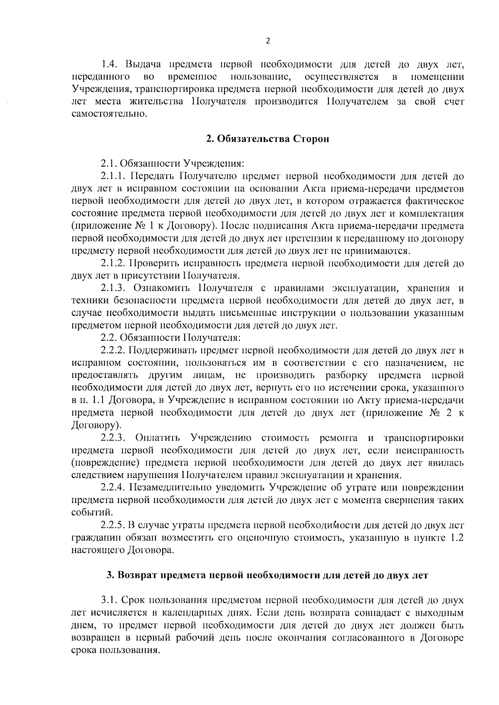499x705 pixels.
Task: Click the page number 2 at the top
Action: click(267, 41)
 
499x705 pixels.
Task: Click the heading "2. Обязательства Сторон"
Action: click(268, 139)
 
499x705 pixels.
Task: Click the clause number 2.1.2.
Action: click(113, 263)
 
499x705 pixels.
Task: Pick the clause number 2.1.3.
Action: click(113, 288)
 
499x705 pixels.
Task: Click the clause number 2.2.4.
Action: click(113, 487)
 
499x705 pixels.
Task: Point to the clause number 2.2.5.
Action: click(113, 524)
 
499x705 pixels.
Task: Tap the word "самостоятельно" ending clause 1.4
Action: click(109, 113)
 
